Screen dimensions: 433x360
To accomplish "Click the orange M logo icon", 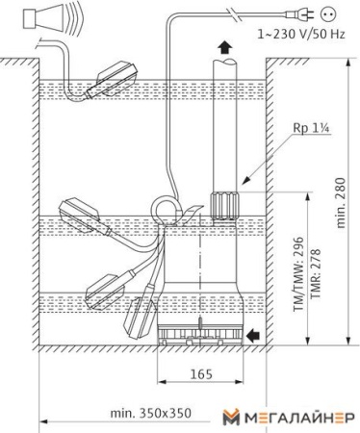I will pos(230,416).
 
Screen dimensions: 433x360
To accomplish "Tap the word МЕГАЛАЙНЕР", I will pos(296,416).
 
